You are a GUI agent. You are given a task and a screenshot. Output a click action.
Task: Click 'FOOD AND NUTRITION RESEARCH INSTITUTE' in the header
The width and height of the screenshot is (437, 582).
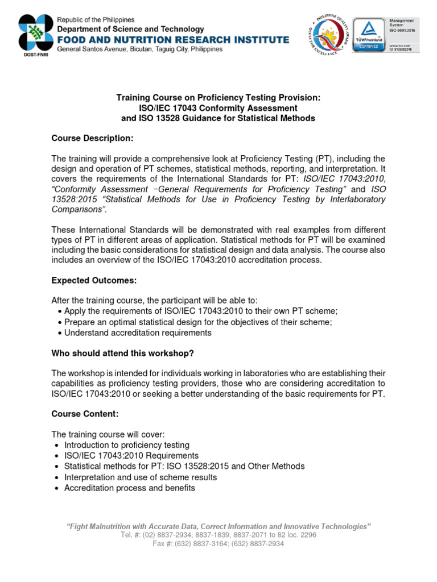click(172, 39)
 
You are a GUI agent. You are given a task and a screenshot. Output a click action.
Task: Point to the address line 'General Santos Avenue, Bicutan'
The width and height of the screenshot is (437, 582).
click(139, 49)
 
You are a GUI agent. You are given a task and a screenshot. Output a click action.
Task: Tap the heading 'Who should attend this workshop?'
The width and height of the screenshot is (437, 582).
click(123, 353)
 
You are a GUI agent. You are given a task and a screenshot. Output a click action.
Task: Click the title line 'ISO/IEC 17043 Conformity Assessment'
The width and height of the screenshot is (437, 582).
click(218, 108)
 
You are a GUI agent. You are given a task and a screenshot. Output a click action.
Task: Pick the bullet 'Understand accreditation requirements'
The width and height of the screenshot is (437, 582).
click(138, 332)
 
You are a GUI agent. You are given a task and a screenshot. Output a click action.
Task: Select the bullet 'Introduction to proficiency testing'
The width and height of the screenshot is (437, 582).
click(127, 445)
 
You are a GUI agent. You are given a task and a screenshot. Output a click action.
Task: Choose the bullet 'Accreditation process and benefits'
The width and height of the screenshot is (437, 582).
click(130, 488)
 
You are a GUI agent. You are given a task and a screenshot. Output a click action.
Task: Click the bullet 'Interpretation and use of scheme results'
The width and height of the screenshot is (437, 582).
click(141, 477)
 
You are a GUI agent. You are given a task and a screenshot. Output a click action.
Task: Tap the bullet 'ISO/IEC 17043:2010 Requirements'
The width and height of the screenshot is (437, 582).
click(131, 455)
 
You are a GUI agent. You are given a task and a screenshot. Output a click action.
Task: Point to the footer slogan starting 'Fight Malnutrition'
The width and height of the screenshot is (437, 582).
click(218, 526)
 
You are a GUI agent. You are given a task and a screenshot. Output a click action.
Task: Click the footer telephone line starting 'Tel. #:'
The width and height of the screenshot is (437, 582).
click(218, 535)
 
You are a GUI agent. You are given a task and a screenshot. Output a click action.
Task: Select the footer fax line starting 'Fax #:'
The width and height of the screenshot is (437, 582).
click(218, 543)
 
